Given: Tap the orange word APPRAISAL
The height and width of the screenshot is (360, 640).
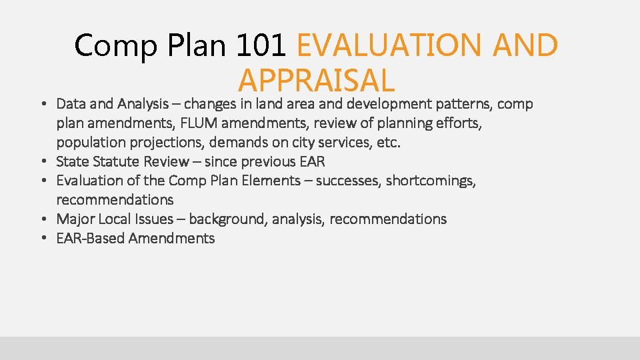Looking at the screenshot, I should click(x=316, y=81).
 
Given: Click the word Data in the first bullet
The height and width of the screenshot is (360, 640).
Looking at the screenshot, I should click(x=70, y=104).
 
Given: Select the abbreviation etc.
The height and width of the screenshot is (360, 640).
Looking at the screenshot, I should click(x=390, y=143).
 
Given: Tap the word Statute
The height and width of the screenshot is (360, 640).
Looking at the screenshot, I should click(x=116, y=161).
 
